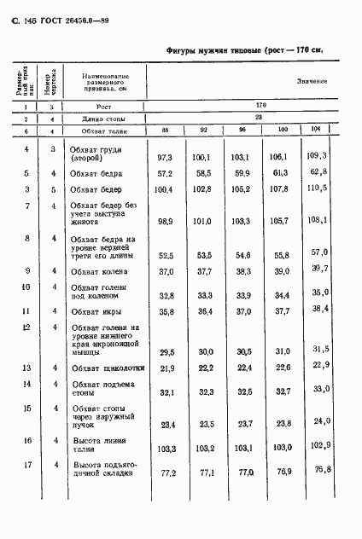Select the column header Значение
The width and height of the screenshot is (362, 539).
312,81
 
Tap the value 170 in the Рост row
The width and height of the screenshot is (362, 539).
248,107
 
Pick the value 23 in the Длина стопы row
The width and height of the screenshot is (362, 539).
248,119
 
